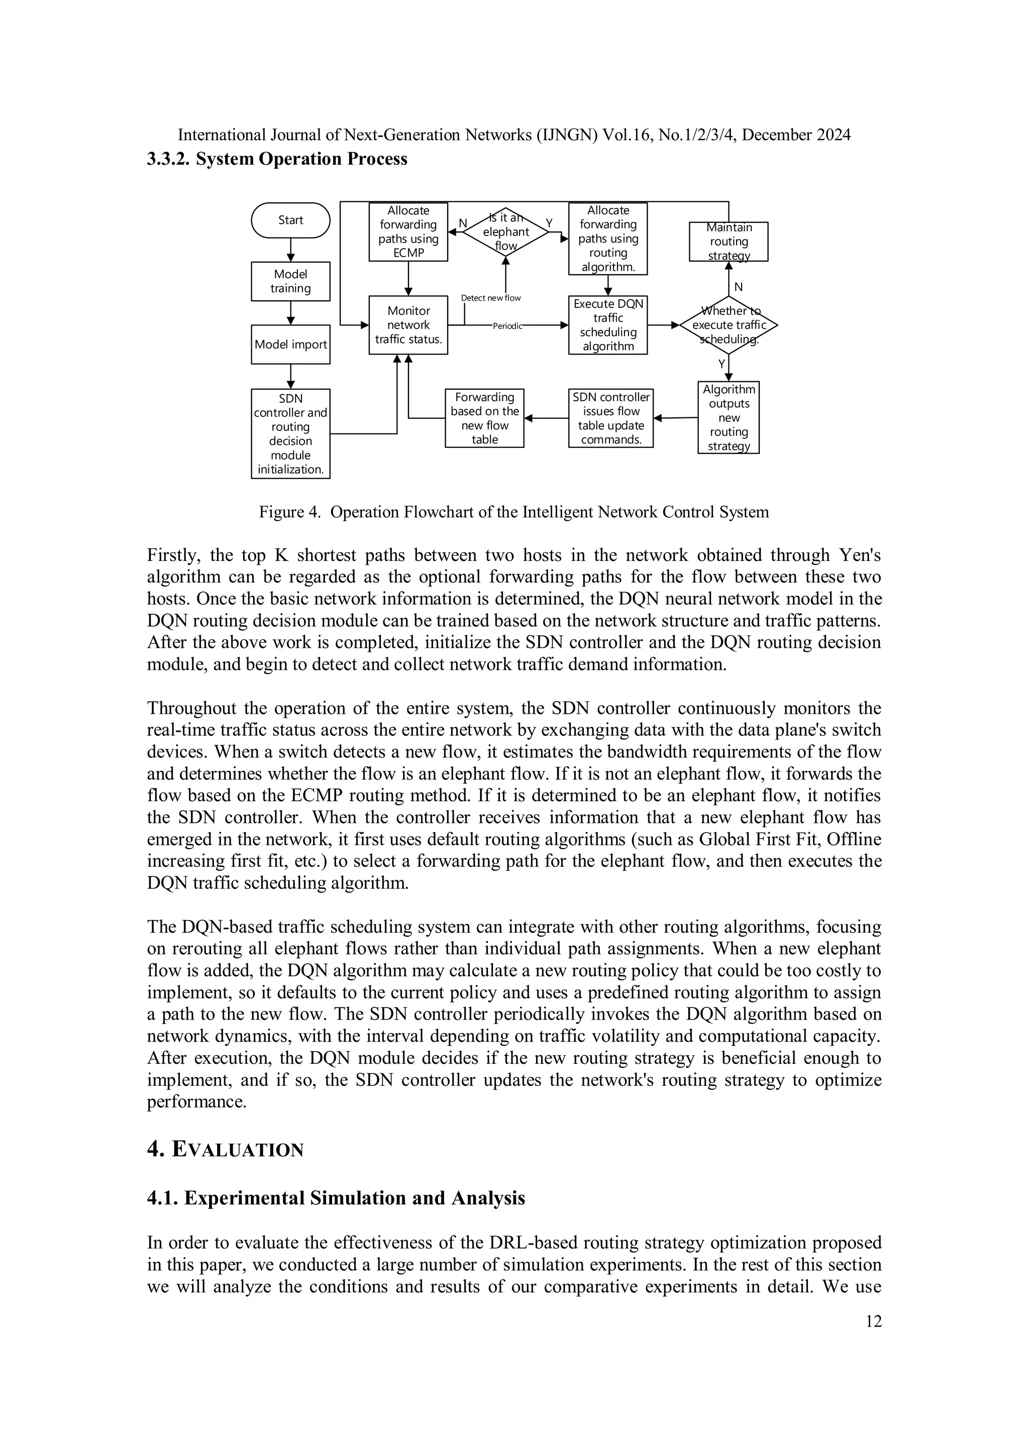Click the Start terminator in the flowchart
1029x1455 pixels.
(x=290, y=220)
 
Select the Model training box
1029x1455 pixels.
(x=290, y=281)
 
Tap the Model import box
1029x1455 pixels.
(x=290, y=345)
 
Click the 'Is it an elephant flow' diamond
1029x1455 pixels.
(x=505, y=232)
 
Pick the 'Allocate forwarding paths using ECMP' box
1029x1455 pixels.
(x=408, y=232)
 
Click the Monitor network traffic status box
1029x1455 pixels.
(x=408, y=325)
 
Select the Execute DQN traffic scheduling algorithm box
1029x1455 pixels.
(x=607, y=325)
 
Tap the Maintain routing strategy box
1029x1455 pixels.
(x=729, y=242)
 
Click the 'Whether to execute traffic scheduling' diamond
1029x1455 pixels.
(x=729, y=325)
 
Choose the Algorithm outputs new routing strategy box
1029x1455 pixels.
(x=729, y=417)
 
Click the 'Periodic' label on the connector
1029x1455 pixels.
(x=506, y=326)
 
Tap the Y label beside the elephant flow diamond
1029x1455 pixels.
(x=549, y=223)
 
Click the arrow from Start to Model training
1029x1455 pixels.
(x=290, y=250)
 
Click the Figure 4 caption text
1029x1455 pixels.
(x=513, y=512)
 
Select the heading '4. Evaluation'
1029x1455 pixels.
(x=225, y=1150)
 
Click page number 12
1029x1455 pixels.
(x=873, y=1321)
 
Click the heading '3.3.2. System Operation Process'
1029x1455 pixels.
(x=277, y=159)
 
